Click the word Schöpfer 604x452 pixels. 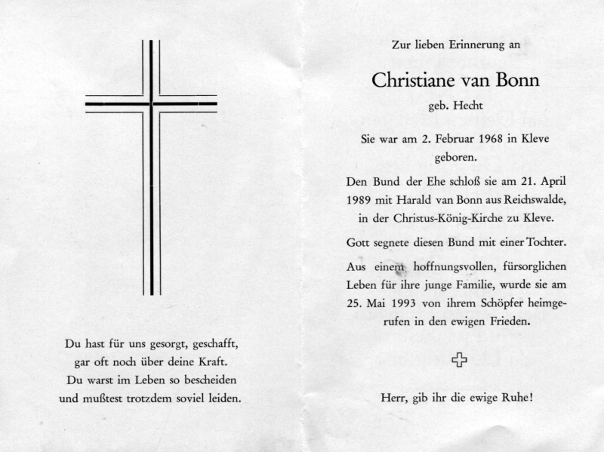pyautogui.click(x=495, y=304)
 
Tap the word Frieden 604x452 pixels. pyautogui.click(x=519, y=323)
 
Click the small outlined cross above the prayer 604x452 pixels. pyautogui.click(x=458, y=361)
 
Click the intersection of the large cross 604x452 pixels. pyautogui.click(x=151, y=103)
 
